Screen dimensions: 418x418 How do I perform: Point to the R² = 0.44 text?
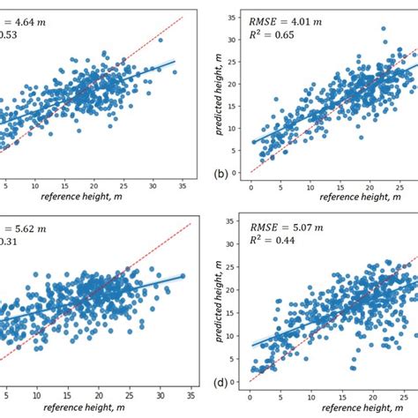[277, 252]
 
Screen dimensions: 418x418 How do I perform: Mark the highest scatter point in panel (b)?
[358, 29]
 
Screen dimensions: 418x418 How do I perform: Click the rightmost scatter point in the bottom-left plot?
[183, 276]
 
